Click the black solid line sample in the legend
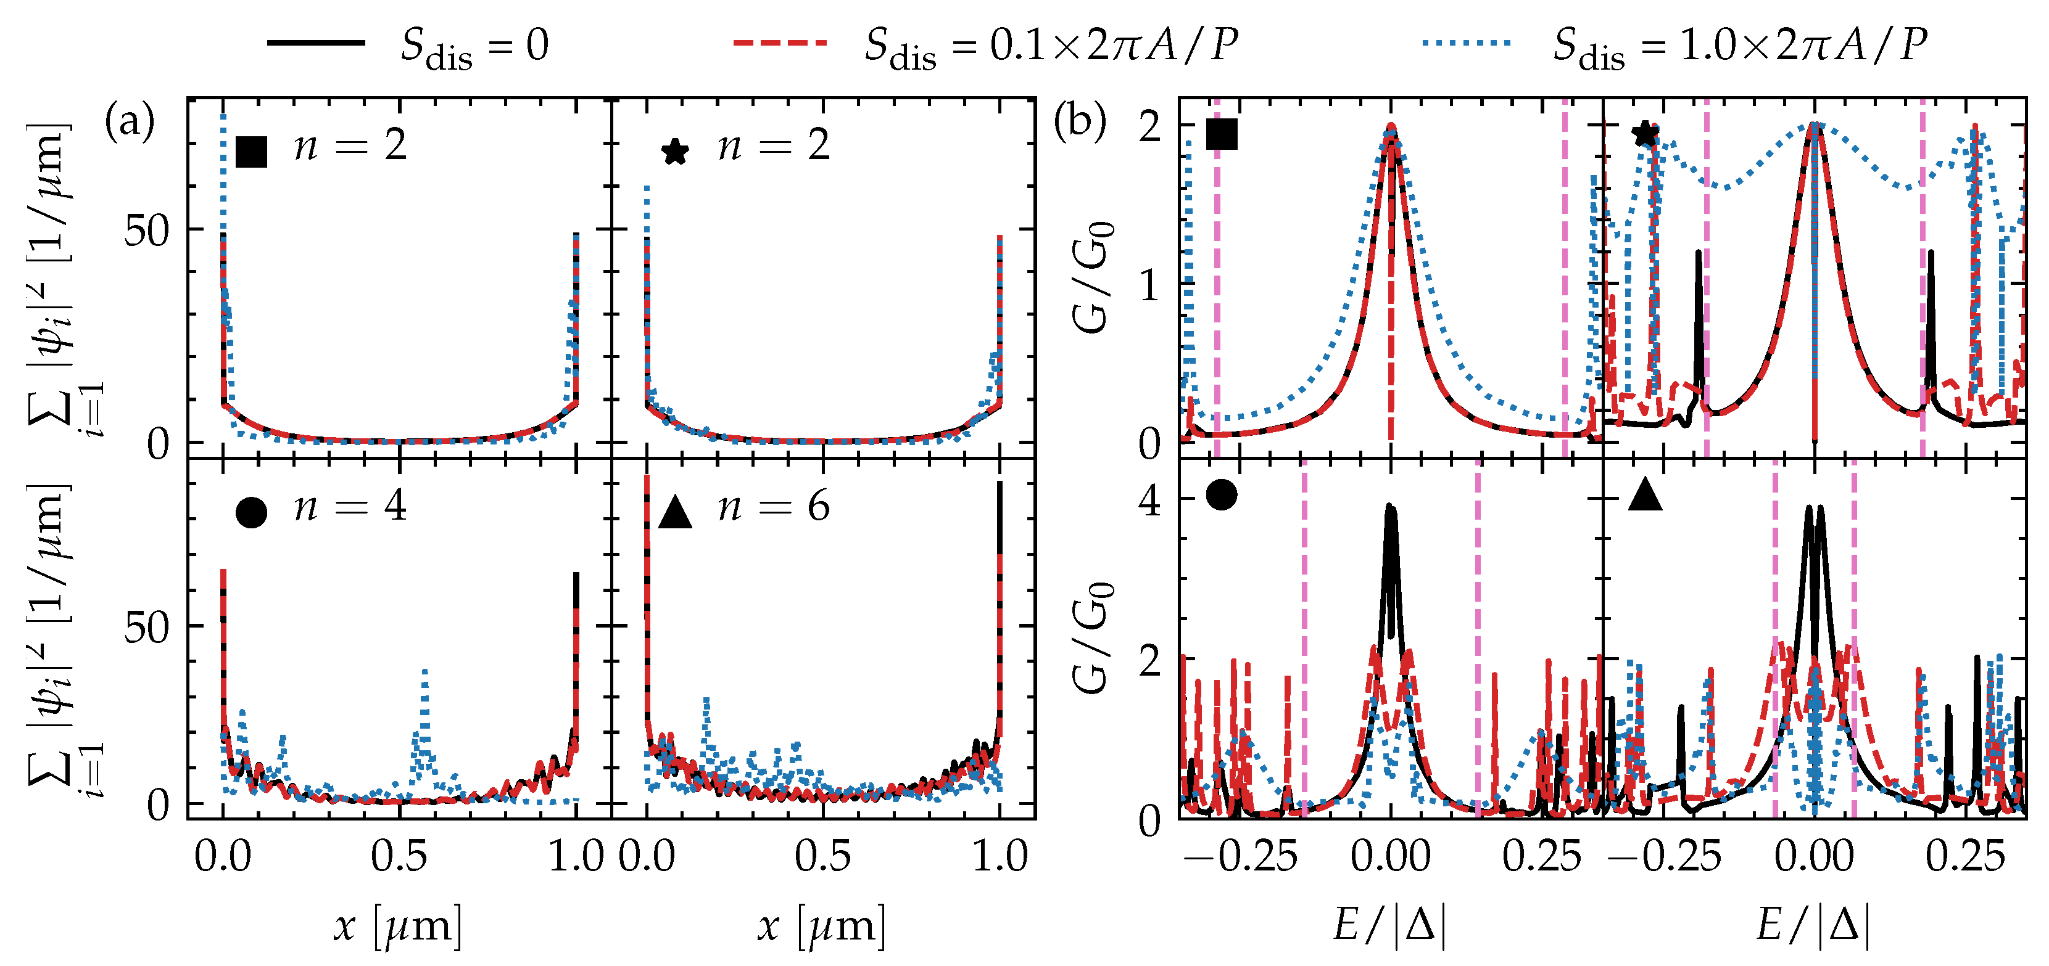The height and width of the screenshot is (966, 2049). tap(316, 44)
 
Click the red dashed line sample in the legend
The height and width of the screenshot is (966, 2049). tap(779, 44)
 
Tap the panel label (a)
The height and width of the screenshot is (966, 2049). tap(130, 123)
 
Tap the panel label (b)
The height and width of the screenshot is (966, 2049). tap(1078, 123)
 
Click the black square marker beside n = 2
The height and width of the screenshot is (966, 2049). tap(251, 151)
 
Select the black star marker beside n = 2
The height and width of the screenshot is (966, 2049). tap(674, 152)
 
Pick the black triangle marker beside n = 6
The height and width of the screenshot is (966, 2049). tap(676, 513)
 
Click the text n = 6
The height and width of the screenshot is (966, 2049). tap(773, 507)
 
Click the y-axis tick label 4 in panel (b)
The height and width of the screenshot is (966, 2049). tap(1150, 501)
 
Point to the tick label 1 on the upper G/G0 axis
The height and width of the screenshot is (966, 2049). tap(1150, 285)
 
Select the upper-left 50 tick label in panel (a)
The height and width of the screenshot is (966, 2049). tap(147, 231)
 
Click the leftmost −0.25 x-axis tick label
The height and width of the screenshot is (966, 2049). tap(1241, 857)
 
